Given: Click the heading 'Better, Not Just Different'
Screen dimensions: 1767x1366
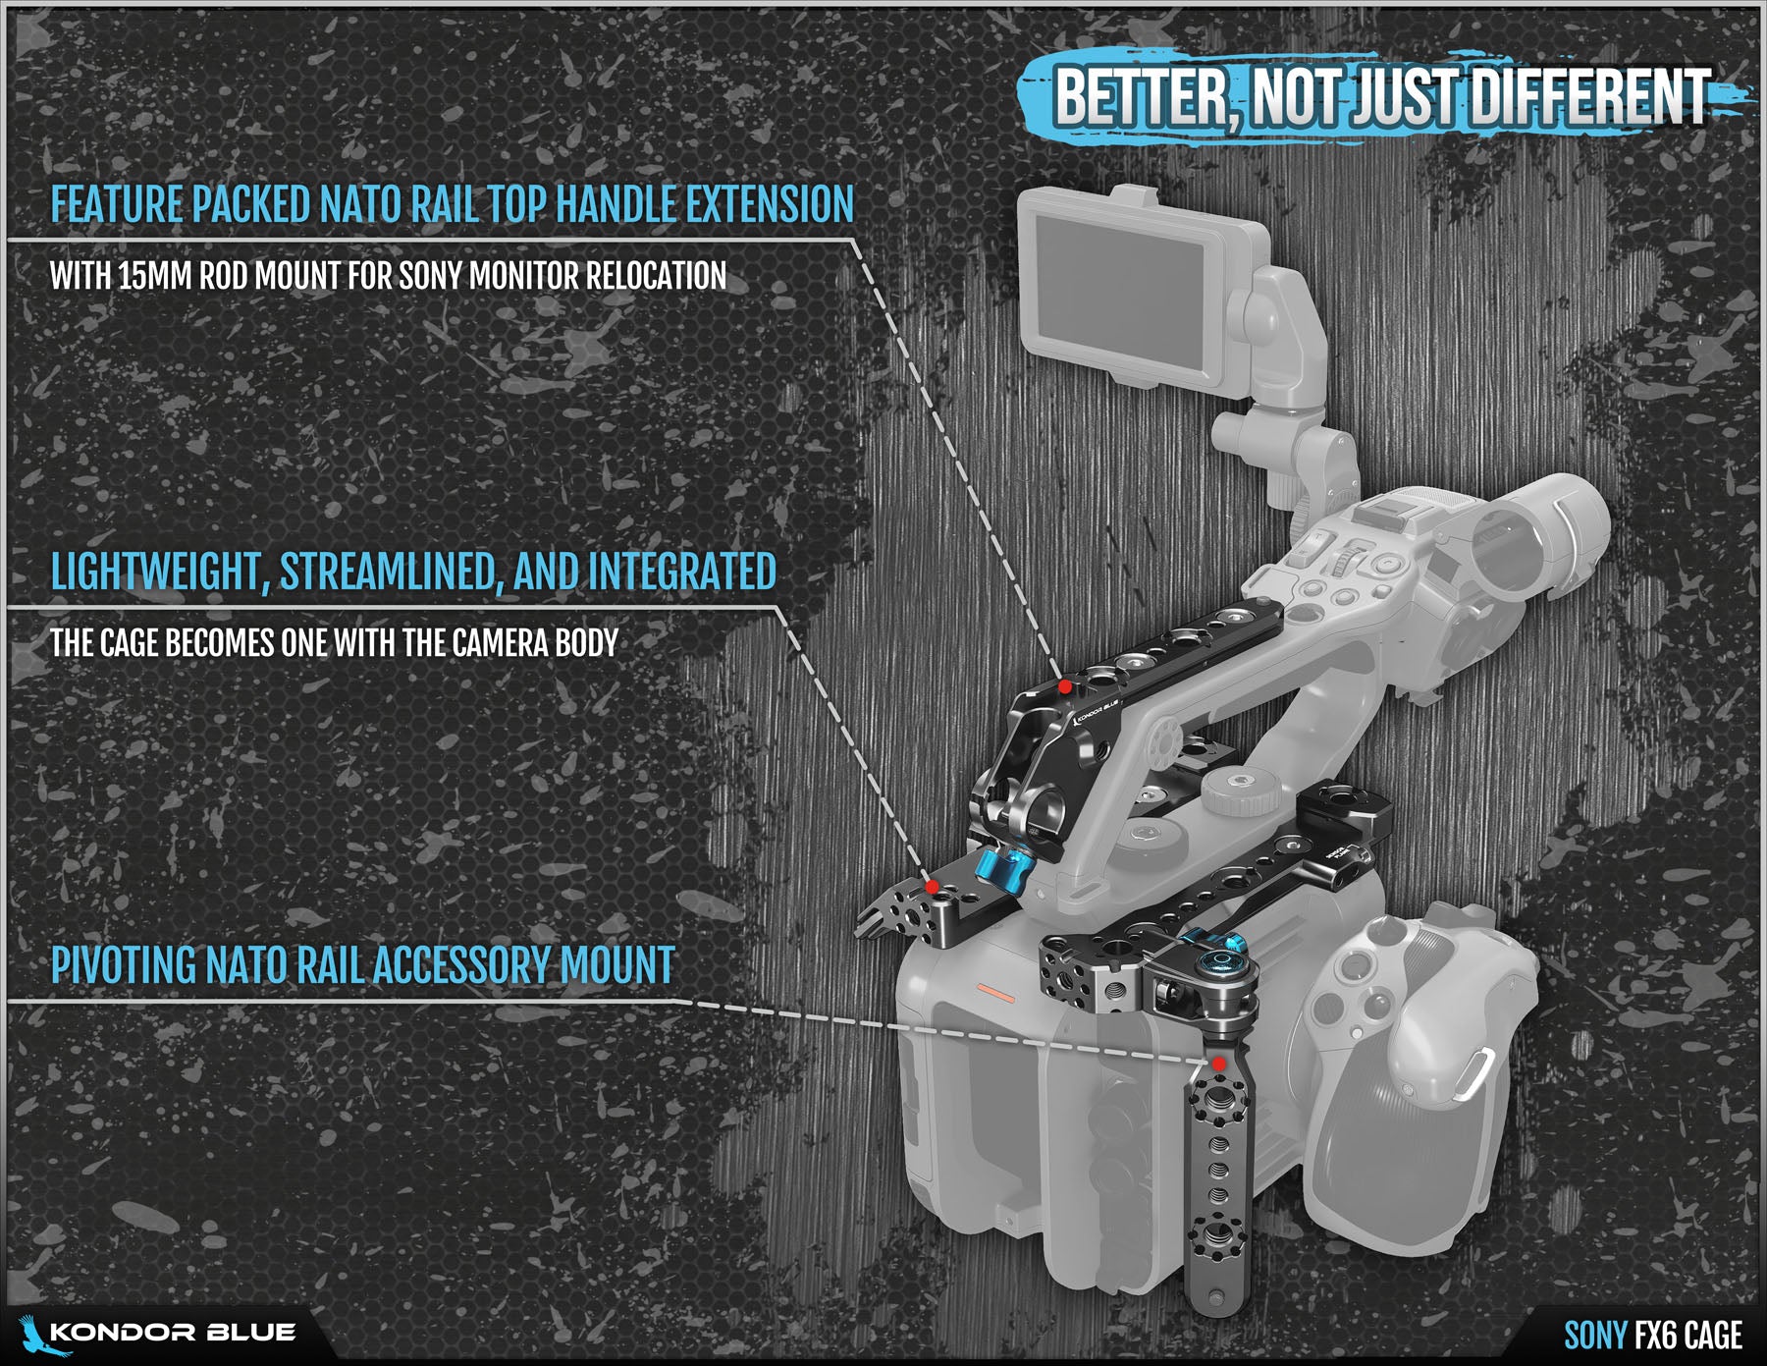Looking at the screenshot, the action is (1382, 97).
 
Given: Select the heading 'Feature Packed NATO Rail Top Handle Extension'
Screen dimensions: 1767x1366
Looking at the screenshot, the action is (453, 204).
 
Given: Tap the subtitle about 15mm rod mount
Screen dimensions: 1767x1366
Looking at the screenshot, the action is (389, 276).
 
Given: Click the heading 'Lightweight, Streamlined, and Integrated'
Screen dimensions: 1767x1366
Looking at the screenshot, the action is (413, 572).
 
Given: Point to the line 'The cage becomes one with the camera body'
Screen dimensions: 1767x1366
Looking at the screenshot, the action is (335, 643).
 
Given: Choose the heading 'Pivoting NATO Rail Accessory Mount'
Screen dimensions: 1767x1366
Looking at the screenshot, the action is (363, 964).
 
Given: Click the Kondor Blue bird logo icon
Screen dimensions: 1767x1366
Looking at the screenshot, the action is (33, 1334).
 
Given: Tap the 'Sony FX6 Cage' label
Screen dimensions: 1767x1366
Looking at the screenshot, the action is (1653, 1336).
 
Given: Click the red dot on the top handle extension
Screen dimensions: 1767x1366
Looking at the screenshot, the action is (1064, 686).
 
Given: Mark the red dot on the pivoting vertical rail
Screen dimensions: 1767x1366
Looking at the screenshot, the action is (1217, 1064).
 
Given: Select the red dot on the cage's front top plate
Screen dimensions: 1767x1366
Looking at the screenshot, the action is (931, 887).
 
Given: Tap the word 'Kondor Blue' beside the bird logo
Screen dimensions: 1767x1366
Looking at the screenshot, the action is (173, 1333).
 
